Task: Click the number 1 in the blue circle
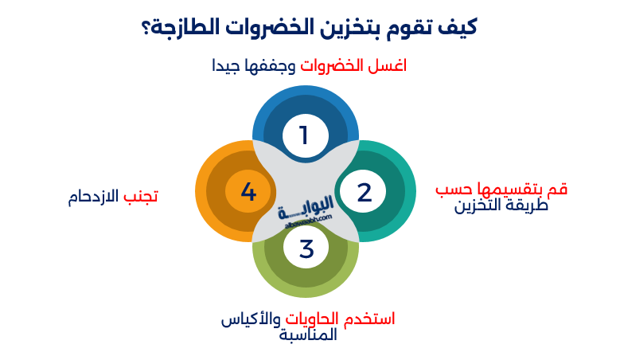[x=304, y=135]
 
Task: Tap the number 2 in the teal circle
[x=364, y=192]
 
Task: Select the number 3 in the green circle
[x=306, y=248]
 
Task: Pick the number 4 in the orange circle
[x=248, y=192]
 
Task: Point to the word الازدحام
[x=94, y=196]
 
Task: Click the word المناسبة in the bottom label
[x=309, y=335]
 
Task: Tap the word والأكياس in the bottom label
[x=249, y=319]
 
